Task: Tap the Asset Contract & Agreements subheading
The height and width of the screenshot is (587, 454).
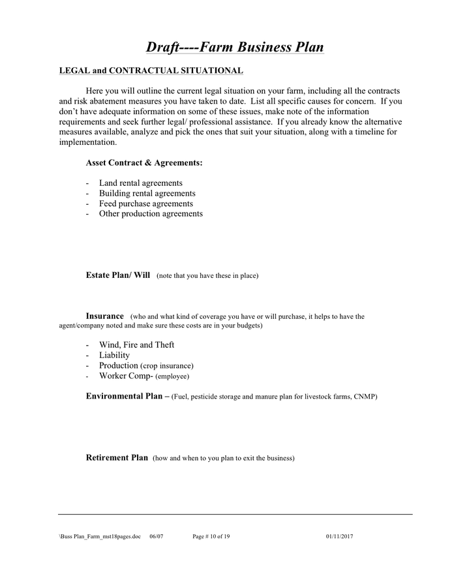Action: coord(144,162)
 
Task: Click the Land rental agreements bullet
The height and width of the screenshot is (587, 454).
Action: coord(140,183)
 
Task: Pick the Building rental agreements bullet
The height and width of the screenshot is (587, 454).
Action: coord(147,194)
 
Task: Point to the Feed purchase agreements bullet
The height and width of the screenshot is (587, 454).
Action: coord(145,203)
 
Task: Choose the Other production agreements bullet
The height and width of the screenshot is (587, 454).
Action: coord(151,214)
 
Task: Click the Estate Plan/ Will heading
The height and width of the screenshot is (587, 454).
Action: coord(118,275)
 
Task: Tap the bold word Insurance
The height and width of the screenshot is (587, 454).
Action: coord(104,316)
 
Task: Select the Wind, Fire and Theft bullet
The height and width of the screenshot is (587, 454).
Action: coord(136,345)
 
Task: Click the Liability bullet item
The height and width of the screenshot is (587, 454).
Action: coord(114,355)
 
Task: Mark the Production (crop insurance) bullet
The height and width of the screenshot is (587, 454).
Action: coord(146,366)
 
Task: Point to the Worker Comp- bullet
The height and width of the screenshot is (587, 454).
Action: coord(126,376)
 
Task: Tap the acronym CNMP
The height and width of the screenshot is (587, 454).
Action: coord(366,397)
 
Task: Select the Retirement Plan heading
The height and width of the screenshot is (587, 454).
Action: coord(117,458)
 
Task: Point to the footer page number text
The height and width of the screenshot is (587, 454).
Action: coord(211,537)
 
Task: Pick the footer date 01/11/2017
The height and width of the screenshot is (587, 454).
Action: coord(340,537)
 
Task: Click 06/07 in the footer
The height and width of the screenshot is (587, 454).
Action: coord(157,537)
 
